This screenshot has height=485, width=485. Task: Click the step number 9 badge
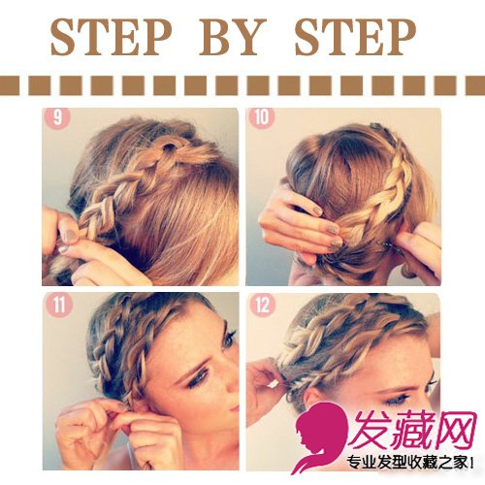(x=57, y=117)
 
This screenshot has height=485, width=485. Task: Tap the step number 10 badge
(x=262, y=117)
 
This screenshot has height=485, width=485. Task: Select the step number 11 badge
(x=58, y=305)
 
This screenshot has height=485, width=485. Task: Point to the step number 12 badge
(x=263, y=305)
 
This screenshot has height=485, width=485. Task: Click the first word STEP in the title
(x=111, y=37)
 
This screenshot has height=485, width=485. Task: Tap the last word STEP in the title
(x=355, y=37)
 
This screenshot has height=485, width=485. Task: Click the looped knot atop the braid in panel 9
(x=170, y=148)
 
